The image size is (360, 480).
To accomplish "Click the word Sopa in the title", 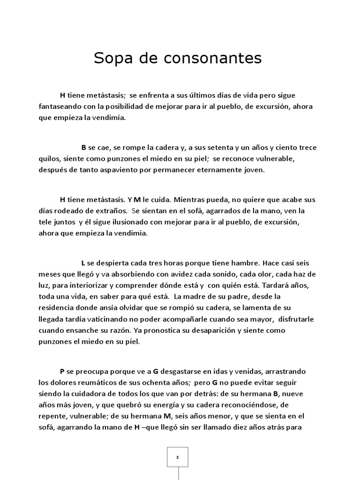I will point(112,59).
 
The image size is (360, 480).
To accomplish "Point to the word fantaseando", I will point(59,106).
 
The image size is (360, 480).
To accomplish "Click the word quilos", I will point(50,158).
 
